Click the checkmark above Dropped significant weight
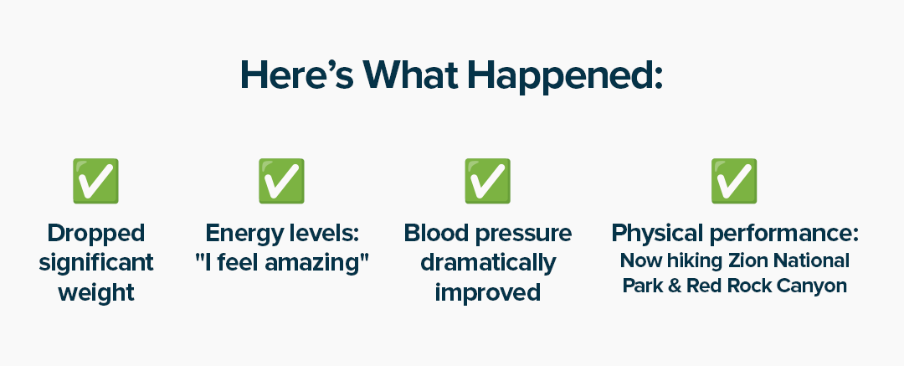[95, 181]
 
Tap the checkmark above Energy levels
[281, 181]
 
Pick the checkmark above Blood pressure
[488, 181]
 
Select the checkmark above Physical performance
[734, 181]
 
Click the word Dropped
[95, 234]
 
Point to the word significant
[95, 263]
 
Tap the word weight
[95, 292]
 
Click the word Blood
[434, 233]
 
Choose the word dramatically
[488, 263]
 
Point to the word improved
[488, 292]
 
